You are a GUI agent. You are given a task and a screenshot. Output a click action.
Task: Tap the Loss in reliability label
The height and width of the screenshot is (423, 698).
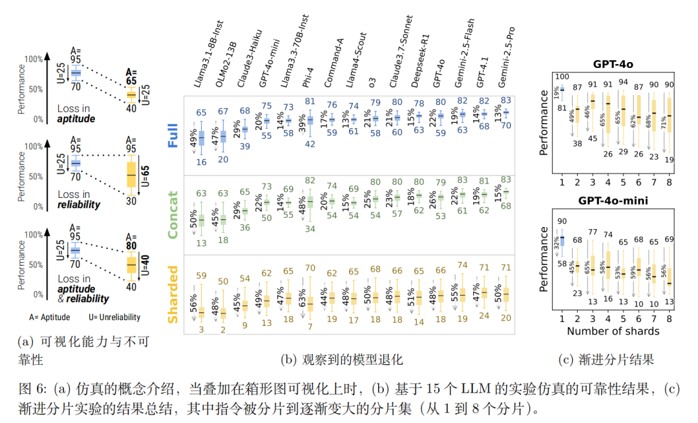(x=78, y=199)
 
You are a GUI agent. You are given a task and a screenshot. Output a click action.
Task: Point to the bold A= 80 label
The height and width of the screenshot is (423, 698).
(x=131, y=241)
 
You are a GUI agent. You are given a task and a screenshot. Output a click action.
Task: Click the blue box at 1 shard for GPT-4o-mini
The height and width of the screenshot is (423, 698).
(x=562, y=240)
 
